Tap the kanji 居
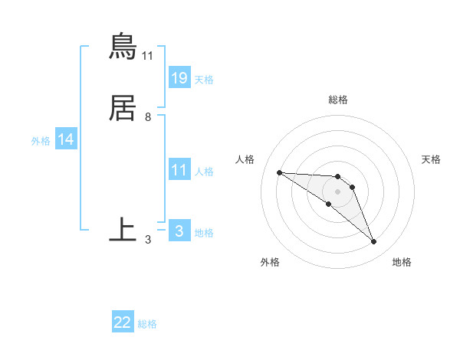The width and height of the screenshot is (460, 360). coord(123,109)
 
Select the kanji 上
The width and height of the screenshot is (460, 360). coord(123,228)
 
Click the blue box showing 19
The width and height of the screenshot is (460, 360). coord(179,77)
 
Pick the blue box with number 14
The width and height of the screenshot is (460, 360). coord(66,139)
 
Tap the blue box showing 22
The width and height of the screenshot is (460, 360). coord(123,322)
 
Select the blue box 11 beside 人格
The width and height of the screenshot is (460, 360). coord(179,170)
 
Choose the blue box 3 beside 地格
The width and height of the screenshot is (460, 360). coord(179,231)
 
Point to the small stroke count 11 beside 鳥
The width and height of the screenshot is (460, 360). coord(148,56)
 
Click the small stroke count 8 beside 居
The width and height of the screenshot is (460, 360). coord(148,117)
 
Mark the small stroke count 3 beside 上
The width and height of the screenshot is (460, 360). coord(148,240)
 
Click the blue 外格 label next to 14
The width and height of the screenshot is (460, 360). coord(41,141)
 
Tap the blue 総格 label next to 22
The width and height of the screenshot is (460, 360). coord(147,324)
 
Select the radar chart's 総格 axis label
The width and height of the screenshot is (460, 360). coord(338,100)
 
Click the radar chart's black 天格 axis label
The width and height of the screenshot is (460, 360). coord(431,159)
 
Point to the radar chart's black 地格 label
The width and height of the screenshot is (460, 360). coord(402,262)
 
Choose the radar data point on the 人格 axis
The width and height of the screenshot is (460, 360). coord(280,172)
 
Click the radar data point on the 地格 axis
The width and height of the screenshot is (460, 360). coord(373,242)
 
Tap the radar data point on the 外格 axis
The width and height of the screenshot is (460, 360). coord(329,204)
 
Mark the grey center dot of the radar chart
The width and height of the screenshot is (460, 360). coord(338,191)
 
